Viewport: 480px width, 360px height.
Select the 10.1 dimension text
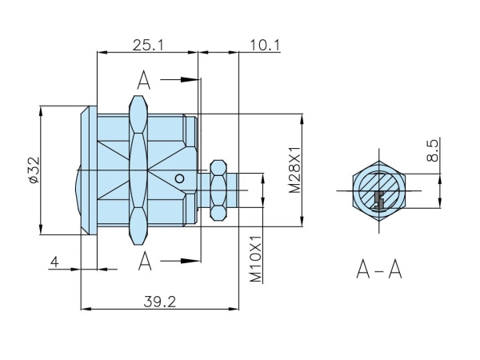coord(264,45)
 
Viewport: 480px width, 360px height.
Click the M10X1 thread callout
coord(256,258)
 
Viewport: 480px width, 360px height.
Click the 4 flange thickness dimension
coord(54,261)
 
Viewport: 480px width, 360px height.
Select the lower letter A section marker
coord(144,261)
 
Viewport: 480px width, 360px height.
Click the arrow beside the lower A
coord(182,261)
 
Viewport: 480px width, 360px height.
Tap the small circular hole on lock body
coord(182,178)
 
